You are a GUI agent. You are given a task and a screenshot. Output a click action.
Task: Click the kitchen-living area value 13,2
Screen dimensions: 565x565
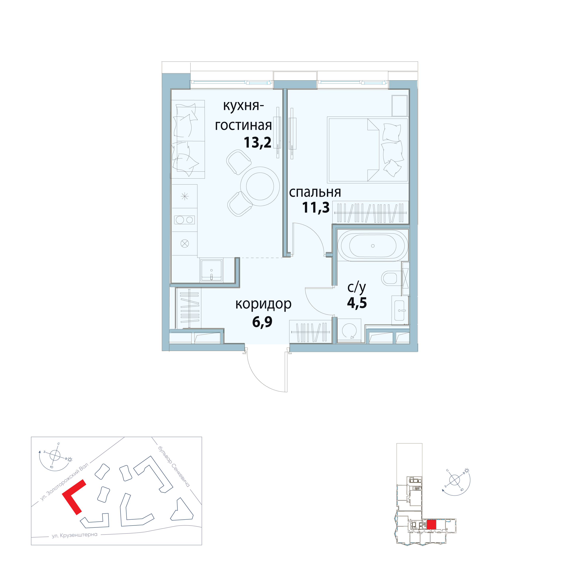point(257,143)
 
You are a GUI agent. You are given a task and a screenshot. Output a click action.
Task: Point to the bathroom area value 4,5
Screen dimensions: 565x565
point(357,303)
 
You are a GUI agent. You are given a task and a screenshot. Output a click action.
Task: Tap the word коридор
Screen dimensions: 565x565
point(263,304)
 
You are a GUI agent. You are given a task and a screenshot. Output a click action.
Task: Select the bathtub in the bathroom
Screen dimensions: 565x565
point(372,246)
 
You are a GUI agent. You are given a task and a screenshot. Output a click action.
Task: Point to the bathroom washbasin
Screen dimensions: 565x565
point(399,311)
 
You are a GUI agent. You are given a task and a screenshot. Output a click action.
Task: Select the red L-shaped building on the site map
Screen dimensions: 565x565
point(74,497)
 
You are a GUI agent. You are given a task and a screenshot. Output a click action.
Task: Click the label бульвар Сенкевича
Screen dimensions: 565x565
point(174,466)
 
